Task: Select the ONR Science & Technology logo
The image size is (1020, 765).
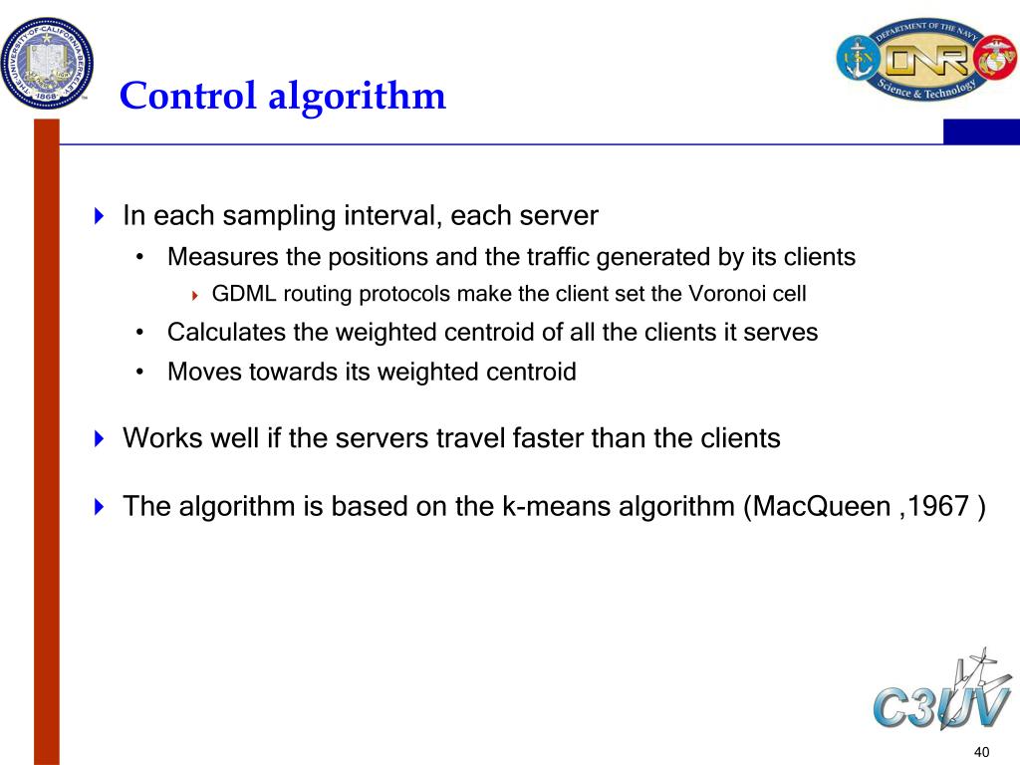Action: pos(925,60)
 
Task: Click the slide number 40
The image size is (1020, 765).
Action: pos(982,751)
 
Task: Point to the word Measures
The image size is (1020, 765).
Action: pos(223,257)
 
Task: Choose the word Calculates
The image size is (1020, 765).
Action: pos(227,333)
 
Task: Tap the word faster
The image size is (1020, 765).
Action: pos(548,438)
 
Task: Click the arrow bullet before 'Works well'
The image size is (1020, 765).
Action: pos(99,439)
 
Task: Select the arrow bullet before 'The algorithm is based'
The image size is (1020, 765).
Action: pos(99,507)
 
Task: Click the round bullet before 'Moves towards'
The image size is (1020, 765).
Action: pos(142,373)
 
